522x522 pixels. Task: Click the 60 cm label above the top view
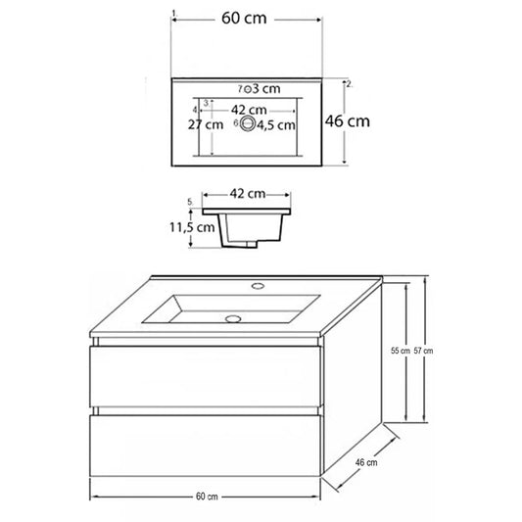coord(244,18)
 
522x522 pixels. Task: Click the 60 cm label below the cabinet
coord(207,497)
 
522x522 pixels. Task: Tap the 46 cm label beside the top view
coord(348,121)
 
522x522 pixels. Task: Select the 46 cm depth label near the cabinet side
coord(366,462)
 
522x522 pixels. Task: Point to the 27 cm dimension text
coord(206,124)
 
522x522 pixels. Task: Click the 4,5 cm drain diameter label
coord(276,125)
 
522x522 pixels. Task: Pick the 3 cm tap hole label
coord(266,88)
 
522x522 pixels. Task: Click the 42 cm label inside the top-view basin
coord(249,110)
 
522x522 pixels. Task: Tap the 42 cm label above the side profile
coord(248,193)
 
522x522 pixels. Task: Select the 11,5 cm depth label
coord(192,227)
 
